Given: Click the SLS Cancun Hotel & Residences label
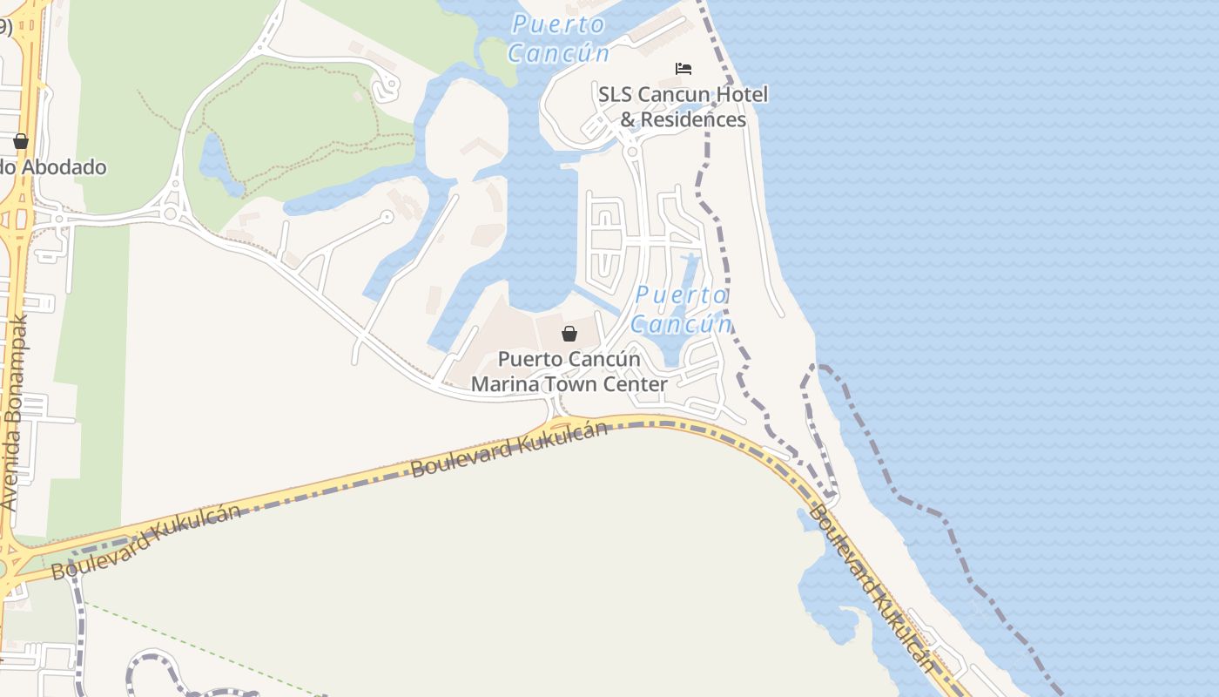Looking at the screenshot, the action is [x=683, y=106].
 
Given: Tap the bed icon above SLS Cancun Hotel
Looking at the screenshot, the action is [x=684, y=69].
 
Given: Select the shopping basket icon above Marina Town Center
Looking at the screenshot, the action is [x=569, y=334].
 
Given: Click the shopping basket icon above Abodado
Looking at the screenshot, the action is [x=21, y=142].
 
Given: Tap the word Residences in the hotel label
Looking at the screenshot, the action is [x=694, y=119].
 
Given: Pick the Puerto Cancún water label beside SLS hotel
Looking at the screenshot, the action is [x=558, y=38].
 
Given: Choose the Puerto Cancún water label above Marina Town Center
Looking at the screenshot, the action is [x=681, y=310].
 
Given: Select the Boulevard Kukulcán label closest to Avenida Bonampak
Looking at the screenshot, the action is [x=145, y=542].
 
